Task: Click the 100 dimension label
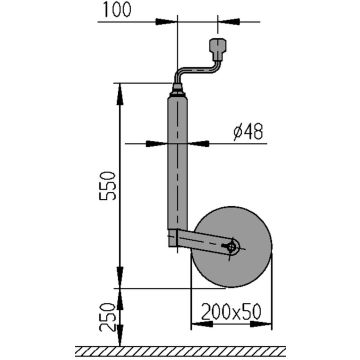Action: coord(117,10)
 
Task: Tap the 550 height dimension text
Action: coord(108,185)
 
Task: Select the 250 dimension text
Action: coord(108,318)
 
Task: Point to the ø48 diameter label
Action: coord(248,132)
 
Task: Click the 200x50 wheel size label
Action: coord(231,312)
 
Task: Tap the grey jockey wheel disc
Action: coord(234,247)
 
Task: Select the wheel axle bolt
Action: coord(230,247)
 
